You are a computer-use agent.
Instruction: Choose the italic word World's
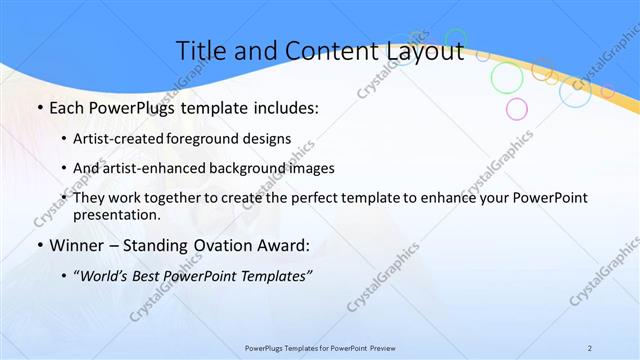pyautogui.click(x=106, y=277)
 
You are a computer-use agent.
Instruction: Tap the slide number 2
pyautogui.click(x=590, y=347)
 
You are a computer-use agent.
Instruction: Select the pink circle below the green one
pyautogui.click(x=516, y=108)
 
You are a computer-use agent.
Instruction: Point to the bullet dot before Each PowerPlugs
pyautogui.click(x=39, y=108)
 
